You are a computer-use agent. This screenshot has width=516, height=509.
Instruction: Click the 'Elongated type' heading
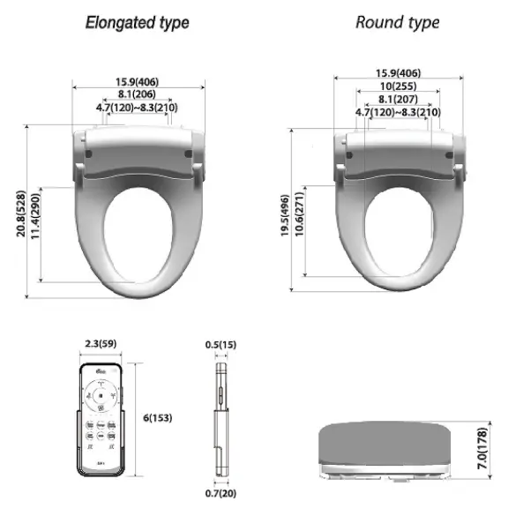[137, 22]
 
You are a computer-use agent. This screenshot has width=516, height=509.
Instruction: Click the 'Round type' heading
[397, 22]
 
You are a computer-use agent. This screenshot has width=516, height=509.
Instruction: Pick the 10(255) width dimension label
[399, 86]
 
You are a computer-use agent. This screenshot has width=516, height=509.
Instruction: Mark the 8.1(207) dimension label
[399, 99]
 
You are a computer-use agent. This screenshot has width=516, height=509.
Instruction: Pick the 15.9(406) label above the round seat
[399, 72]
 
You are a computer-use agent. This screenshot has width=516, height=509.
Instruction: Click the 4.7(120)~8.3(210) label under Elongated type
[138, 108]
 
